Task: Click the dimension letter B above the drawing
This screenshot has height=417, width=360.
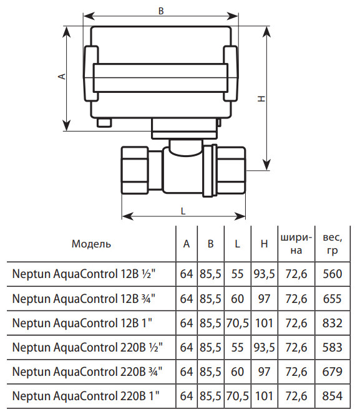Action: (161, 11)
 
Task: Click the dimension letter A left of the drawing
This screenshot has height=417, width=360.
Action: (62, 76)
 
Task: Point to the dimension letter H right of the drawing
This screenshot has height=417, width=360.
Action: (262, 98)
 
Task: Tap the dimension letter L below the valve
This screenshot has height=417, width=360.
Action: (183, 211)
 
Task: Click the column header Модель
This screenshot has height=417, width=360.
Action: (91, 244)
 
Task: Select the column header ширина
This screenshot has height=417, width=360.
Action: (296, 244)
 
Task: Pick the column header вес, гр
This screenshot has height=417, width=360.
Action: (333, 244)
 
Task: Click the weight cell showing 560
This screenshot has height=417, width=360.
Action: (333, 274)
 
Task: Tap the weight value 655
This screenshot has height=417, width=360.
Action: (333, 299)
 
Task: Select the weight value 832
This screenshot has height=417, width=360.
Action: (333, 323)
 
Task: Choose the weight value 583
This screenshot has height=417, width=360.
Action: (333, 347)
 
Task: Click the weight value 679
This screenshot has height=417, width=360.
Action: (333, 371)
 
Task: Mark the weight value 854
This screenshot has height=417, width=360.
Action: (333, 396)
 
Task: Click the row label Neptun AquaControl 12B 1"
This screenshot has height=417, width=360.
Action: (82, 323)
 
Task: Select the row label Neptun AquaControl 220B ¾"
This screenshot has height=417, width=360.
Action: (87, 371)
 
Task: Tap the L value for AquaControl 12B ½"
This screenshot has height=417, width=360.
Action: (237, 274)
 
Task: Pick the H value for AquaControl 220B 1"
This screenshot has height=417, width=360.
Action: (264, 396)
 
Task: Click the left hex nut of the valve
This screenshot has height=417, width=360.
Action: (135, 170)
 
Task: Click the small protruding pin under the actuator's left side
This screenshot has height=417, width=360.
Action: (104, 123)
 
